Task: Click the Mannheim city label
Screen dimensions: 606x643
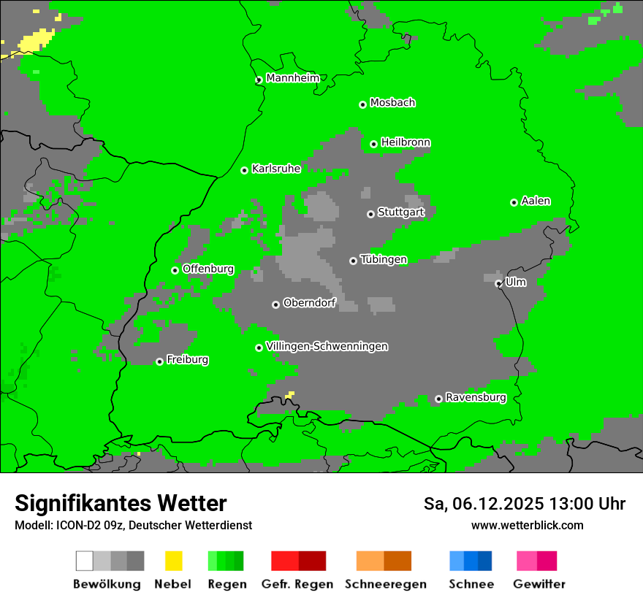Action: click(293, 78)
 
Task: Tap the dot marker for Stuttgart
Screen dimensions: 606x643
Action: click(371, 214)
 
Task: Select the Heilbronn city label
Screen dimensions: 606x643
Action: click(406, 142)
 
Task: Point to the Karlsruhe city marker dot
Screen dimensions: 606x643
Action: click(245, 170)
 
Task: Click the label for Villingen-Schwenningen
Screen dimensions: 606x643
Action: click(327, 346)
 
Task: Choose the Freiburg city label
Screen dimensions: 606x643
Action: click(187, 360)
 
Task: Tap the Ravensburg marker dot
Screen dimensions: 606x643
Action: click(438, 399)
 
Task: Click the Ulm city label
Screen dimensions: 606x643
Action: click(516, 282)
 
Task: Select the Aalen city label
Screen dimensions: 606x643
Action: click(536, 201)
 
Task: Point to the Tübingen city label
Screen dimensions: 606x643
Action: click(384, 259)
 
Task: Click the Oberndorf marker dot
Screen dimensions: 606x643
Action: click(275, 304)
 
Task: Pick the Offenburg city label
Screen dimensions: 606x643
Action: click(208, 269)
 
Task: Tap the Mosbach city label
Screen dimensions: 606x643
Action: click(392, 103)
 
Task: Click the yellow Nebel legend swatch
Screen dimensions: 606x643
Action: click(173, 561)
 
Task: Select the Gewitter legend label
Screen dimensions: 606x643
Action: click(539, 584)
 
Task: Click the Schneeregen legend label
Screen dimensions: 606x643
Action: click(386, 584)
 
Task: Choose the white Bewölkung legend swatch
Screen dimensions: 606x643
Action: click(85, 561)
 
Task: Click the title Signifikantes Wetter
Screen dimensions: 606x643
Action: click(121, 504)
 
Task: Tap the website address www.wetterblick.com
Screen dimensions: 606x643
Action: click(527, 525)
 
